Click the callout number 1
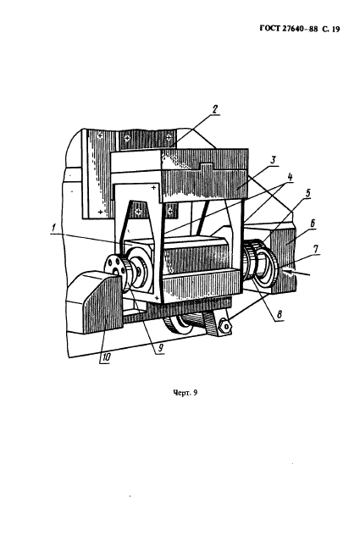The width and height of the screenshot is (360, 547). click(53, 229)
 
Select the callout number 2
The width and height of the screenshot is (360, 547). click(214, 109)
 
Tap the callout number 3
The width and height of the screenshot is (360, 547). click(273, 161)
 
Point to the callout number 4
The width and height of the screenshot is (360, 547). click(289, 177)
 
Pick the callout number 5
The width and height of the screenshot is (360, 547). click(307, 194)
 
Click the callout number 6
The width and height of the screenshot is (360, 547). click(313, 224)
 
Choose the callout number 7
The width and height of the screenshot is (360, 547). click(315, 250)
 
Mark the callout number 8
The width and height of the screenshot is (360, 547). click(279, 315)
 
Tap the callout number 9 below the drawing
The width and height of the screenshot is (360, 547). click(160, 348)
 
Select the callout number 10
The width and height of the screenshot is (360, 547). click(105, 358)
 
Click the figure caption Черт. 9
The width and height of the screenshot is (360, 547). click(186, 393)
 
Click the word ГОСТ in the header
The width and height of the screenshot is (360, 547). click(270, 29)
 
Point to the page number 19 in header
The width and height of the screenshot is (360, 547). click(335, 30)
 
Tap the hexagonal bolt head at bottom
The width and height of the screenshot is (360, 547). click(225, 326)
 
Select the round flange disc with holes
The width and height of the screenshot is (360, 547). click(114, 267)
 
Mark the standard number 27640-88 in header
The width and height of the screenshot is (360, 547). click(300, 29)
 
